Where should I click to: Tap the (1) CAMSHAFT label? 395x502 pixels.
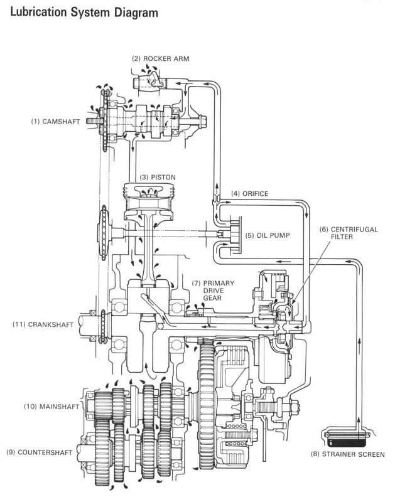(x=55, y=122)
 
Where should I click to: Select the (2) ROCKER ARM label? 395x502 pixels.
(x=161, y=59)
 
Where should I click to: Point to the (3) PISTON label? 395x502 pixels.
(x=158, y=178)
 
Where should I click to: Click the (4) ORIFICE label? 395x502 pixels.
(x=250, y=194)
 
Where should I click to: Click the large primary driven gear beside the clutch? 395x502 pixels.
(x=207, y=404)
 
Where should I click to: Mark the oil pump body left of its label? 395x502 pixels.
(x=232, y=235)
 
